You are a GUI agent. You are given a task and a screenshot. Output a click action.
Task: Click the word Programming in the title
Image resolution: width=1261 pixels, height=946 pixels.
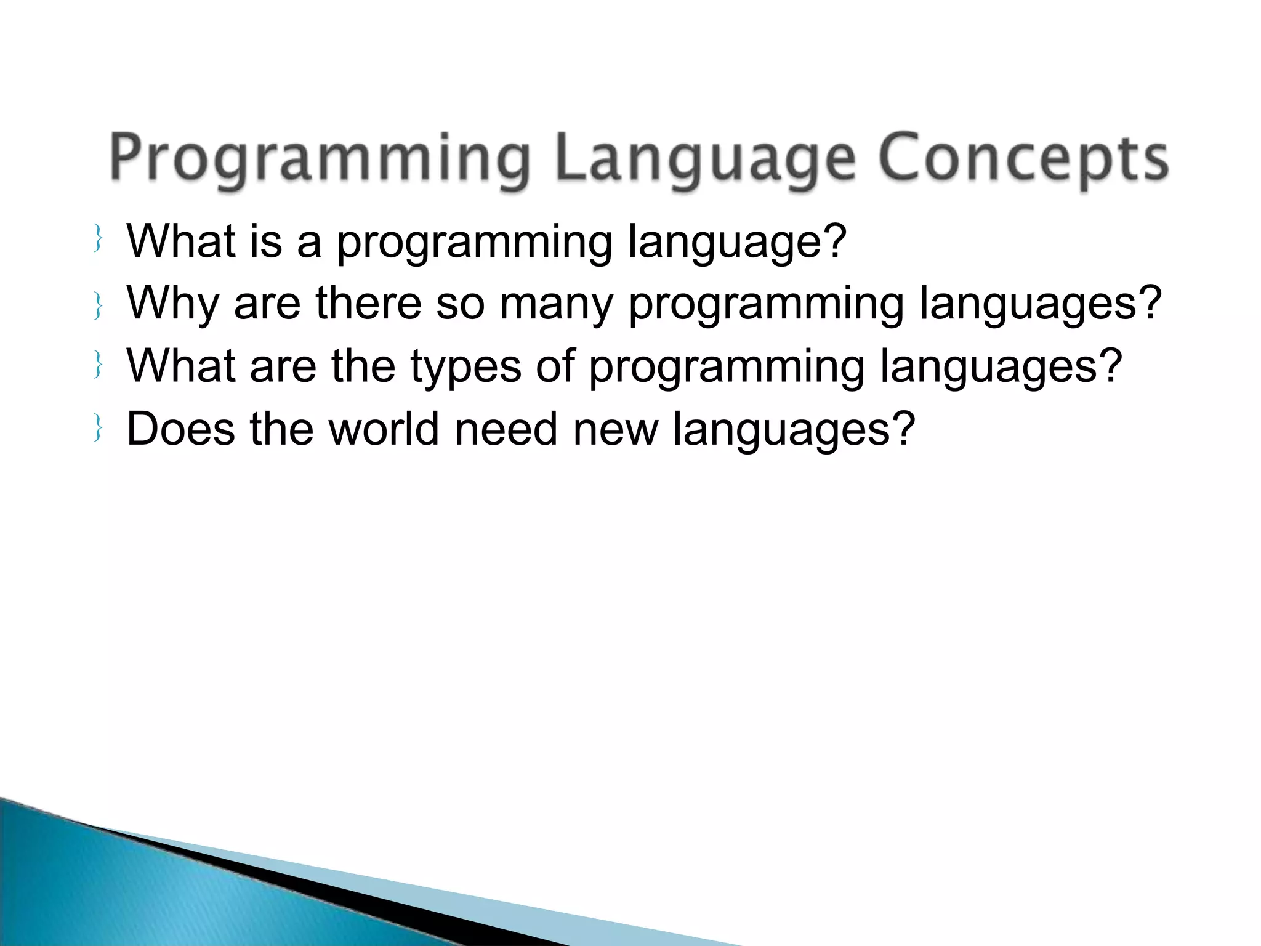point(320,159)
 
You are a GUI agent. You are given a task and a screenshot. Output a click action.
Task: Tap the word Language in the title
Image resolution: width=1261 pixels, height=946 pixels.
point(705,159)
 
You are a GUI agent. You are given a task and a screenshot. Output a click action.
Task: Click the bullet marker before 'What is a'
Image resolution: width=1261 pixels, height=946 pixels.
point(97,240)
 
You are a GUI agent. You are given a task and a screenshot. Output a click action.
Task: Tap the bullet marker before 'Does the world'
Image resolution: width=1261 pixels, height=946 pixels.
point(97,429)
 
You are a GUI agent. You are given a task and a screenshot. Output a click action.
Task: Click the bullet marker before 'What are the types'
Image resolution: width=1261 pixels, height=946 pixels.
point(97,366)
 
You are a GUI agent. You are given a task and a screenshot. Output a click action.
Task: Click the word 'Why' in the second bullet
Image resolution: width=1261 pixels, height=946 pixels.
point(172,304)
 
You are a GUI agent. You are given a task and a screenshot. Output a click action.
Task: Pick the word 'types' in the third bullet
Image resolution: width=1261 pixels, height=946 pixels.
point(465,367)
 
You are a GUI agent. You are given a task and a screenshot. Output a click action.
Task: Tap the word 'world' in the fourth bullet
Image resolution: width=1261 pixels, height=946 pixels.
point(384,429)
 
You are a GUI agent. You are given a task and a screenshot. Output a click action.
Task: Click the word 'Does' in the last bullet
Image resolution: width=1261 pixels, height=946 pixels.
point(180,429)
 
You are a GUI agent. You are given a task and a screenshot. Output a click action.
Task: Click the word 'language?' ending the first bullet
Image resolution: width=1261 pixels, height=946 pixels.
point(737,241)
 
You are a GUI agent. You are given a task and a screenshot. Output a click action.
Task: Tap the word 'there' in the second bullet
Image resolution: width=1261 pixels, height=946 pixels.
point(368,304)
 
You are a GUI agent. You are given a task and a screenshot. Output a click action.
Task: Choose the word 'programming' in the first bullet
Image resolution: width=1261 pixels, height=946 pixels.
point(474,241)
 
